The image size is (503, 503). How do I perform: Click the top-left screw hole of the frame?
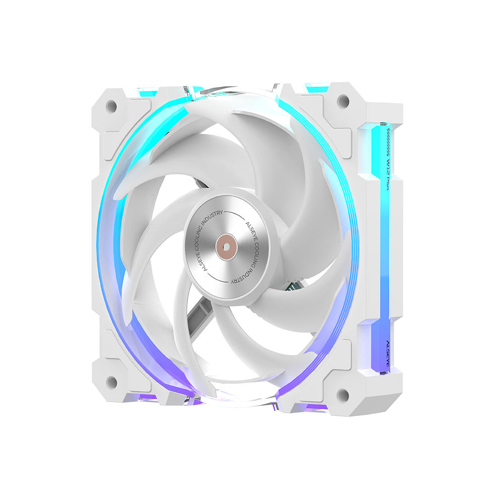click(111, 106)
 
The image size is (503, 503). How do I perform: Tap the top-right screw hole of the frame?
click(343, 101)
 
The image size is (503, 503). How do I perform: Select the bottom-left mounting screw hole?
click(112, 382)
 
